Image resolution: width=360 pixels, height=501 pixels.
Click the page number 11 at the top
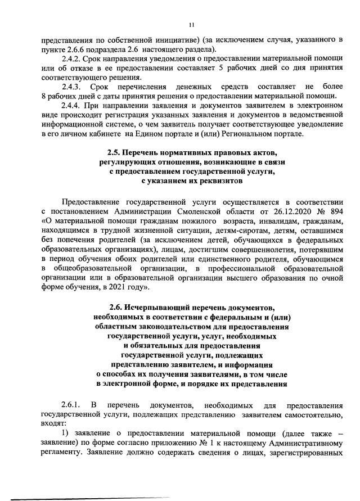pos(191,24)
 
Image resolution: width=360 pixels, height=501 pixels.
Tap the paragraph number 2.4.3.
pos(73,88)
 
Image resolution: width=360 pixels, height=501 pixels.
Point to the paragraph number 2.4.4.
pos(73,107)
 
